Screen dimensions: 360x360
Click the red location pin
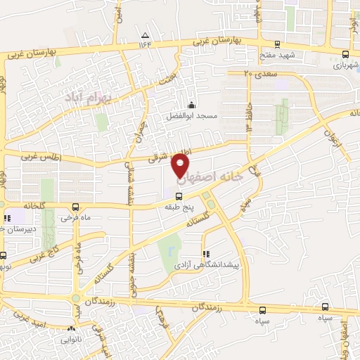click(181, 164)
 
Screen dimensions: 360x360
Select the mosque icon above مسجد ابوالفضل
click(192, 105)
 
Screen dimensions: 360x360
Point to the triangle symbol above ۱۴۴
click(146, 34)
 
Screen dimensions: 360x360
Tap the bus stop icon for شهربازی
click(345, 53)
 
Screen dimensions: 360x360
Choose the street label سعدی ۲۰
click(257, 73)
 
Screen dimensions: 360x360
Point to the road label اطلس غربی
click(41, 158)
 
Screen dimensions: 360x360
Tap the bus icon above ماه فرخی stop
click(76, 206)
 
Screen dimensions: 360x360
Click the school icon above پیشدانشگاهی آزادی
click(205, 254)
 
